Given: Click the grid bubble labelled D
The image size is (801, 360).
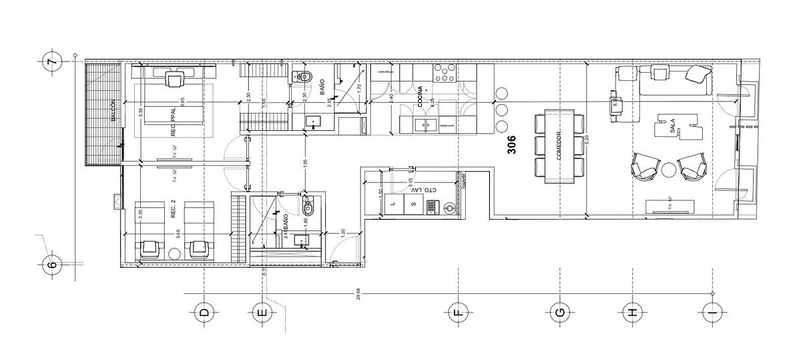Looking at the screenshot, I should click(204, 312).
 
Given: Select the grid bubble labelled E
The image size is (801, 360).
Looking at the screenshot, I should click(262, 312).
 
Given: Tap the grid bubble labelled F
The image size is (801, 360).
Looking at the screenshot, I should click(459, 312).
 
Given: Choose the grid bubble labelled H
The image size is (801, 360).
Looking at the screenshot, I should click(631, 312).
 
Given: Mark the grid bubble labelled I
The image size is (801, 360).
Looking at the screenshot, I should click(712, 312).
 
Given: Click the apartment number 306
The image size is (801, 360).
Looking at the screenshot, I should click(512, 148).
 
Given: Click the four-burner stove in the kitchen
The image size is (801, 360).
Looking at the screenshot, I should click(443, 74).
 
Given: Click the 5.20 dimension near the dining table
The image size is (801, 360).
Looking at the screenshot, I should click(586, 142).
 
